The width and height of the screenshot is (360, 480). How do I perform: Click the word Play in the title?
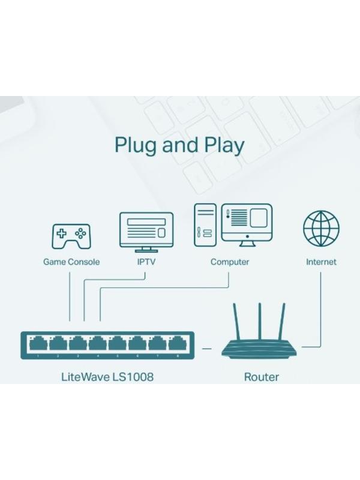point(223,146)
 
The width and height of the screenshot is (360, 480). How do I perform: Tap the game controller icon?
point(71,236)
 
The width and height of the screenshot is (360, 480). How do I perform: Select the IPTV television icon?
point(146,231)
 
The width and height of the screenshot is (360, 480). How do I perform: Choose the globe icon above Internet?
point(321,229)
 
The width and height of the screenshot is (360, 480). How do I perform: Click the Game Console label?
point(71,262)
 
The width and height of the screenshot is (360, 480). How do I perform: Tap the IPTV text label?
point(146,262)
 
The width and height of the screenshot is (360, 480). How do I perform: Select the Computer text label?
point(230,262)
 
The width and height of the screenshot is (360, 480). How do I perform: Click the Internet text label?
point(321,262)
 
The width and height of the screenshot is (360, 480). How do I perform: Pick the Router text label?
point(261,377)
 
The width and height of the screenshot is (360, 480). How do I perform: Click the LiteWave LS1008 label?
point(103,377)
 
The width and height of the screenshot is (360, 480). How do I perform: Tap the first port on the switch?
point(38,344)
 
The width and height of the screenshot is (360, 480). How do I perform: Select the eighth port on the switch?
point(176,344)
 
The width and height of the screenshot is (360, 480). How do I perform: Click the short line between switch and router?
point(206,347)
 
